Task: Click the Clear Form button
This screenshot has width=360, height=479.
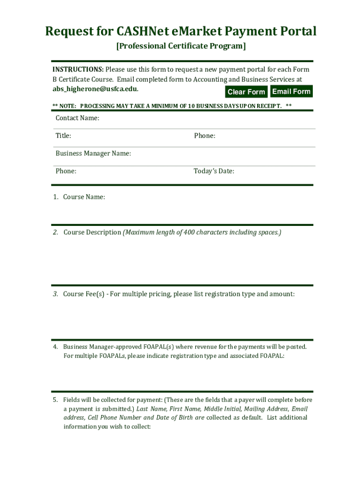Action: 246,92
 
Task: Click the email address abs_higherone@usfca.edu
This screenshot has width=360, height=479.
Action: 95,89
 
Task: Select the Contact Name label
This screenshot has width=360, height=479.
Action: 77,118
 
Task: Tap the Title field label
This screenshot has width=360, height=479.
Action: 63,136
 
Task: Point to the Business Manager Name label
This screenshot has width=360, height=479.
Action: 93,153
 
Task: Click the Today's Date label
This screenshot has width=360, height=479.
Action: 214,171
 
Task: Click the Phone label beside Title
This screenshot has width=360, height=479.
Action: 204,136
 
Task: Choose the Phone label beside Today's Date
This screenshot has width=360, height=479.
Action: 65,171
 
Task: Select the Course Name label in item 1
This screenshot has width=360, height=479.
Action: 84,197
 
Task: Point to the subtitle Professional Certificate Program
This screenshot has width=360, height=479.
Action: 180,46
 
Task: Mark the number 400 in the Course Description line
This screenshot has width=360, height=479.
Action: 189,232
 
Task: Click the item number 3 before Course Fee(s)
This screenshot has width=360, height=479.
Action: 55,294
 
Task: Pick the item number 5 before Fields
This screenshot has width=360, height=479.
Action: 55,400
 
